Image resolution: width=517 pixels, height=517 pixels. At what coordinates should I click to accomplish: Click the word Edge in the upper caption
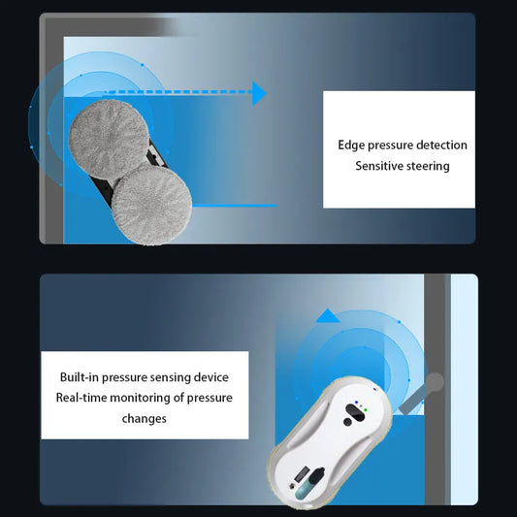click(x=351, y=145)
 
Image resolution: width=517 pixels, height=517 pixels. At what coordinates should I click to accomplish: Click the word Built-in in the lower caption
click(x=80, y=377)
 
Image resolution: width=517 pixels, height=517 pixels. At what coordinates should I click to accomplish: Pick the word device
click(x=211, y=377)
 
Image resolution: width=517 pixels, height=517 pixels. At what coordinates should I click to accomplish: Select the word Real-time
click(x=81, y=398)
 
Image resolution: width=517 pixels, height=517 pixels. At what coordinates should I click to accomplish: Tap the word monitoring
click(x=140, y=399)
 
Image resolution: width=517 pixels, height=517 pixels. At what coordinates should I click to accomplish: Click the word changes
click(x=145, y=419)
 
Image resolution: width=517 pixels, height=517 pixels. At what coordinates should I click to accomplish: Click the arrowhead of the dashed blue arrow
click(x=259, y=93)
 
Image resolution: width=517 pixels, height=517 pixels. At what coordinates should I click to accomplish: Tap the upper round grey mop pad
click(x=109, y=140)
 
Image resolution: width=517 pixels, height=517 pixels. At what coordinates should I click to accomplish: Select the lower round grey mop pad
click(x=151, y=205)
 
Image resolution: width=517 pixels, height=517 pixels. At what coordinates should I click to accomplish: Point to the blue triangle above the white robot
click(x=328, y=315)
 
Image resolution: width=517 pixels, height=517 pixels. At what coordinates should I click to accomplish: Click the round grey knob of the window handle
click(x=435, y=382)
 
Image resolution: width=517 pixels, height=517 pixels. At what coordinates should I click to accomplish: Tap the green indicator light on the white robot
click(x=366, y=410)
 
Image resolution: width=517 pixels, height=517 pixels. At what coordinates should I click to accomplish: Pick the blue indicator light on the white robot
click(x=356, y=403)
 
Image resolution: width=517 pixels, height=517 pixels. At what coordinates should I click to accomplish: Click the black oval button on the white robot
click(x=355, y=412)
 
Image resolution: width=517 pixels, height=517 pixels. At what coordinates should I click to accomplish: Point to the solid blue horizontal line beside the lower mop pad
click(x=235, y=206)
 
